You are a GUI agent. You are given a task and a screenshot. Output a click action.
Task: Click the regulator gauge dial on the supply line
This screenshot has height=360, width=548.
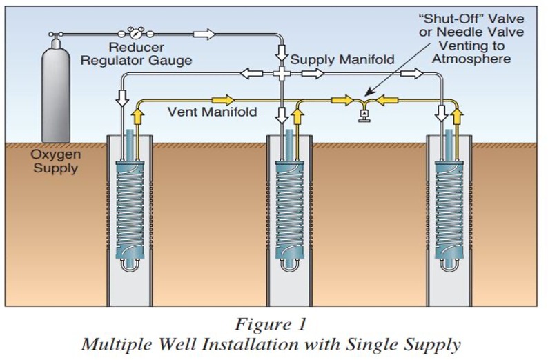[x=135, y=33]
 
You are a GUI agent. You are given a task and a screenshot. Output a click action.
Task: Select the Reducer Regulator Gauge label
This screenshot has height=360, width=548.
[x=136, y=54]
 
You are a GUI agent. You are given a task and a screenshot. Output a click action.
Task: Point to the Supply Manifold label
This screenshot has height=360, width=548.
[x=342, y=60]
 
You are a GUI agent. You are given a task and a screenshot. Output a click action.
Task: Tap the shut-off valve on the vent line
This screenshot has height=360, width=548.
[x=362, y=112]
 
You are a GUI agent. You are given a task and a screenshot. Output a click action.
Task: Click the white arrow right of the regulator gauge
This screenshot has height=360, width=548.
[x=204, y=33]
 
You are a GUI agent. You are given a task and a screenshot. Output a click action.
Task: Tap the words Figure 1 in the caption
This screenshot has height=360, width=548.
[x=271, y=323]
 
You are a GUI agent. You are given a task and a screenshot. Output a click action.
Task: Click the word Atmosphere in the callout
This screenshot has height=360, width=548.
[x=471, y=59]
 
